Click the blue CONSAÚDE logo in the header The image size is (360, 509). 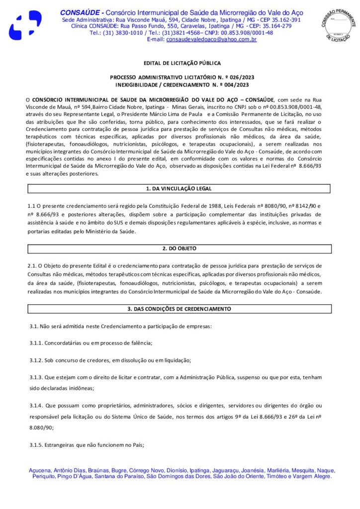pyautogui.click(x=25, y=25)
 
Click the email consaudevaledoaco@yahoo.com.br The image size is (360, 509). pyautogui.click(x=211, y=39)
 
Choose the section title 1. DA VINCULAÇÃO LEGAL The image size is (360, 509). pyautogui.click(x=180, y=189)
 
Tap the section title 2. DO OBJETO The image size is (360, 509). pyautogui.click(x=180, y=248)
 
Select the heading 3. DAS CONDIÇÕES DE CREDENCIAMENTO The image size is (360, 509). pyautogui.click(x=180, y=309)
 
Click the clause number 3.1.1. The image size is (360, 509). pyautogui.click(x=36, y=343)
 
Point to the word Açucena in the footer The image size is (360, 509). pyautogui.click(x=40, y=470)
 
